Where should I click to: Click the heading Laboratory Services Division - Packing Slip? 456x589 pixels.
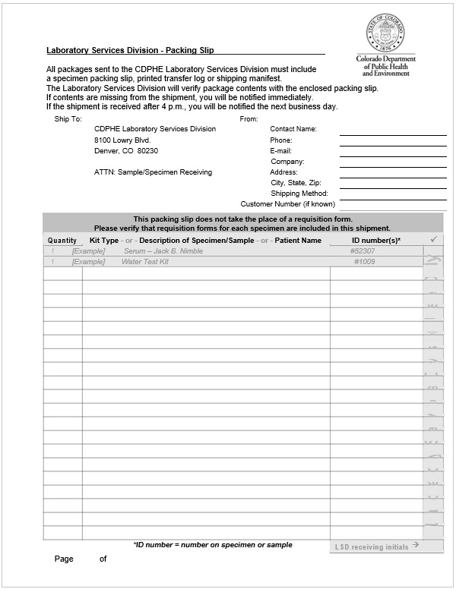pyautogui.click(x=130, y=50)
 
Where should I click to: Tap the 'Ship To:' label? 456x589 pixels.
pyautogui.click(x=68, y=119)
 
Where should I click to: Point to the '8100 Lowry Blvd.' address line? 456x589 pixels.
pyautogui.click(x=122, y=140)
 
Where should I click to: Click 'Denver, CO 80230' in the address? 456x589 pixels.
pyautogui.click(x=126, y=151)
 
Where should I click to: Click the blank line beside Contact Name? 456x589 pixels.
pyautogui.click(x=392, y=131)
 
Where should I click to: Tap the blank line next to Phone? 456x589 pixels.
pyautogui.click(x=392, y=141)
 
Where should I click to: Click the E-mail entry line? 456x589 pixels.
pyautogui.click(x=392, y=152)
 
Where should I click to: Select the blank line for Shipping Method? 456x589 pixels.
pyautogui.click(x=392, y=195)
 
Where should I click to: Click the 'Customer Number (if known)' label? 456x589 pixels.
pyautogui.click(x=287, y=204)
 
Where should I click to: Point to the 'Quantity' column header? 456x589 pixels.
pyautogui.click(x=62, y=241)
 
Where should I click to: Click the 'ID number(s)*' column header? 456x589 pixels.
pyautogui.click(x=376, y=241)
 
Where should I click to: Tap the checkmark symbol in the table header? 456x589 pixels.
pyautogui.click(x=433, y=240)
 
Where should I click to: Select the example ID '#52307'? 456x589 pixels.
pyautogui.click(x=363, y=251)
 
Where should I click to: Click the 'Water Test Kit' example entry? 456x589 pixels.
pyautogui.click(x=145, y=262)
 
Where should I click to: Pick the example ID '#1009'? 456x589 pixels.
pyautogui.click(x=364, y=262)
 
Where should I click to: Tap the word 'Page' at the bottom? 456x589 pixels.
pyautogui.click(x=64, y=559)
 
